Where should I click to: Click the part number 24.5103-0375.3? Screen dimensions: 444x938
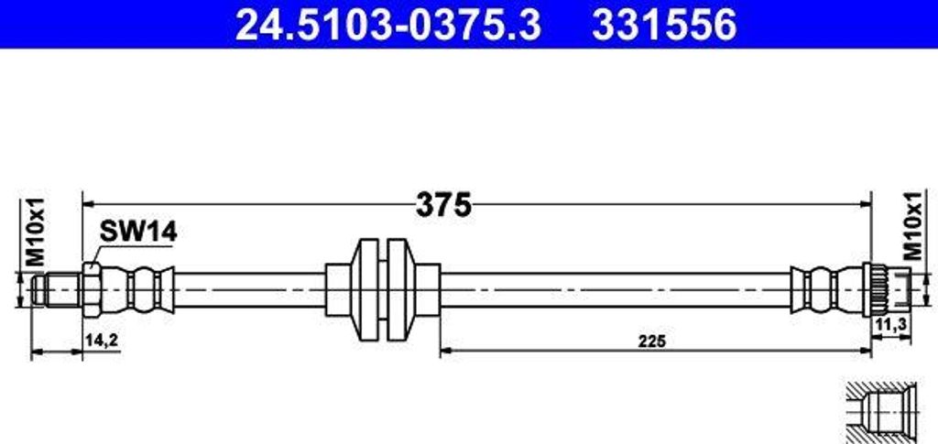(x=387, y=25)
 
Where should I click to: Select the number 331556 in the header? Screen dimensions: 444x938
(x=664, y=25)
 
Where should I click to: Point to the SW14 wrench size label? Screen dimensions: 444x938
(x=136, y=233)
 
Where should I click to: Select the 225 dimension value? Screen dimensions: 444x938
(x=652, y=341)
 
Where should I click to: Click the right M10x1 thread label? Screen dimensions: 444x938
(x=913, y=227)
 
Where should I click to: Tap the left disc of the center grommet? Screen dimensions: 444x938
(x=369, y=288)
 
